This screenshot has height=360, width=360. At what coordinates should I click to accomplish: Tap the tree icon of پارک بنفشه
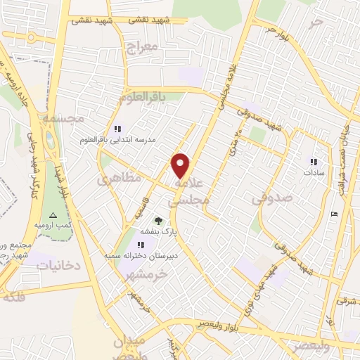(x=157, y=219)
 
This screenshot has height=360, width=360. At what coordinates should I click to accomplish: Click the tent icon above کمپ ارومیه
(x=51, y=214)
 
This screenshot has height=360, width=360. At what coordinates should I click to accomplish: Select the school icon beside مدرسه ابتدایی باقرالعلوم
(x=117, y=129)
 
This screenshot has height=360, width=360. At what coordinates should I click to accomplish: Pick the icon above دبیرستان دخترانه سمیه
(x=141, y=244)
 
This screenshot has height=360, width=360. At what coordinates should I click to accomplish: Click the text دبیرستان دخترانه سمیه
(x=145, y=255)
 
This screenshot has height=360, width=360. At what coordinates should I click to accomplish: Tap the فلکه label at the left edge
(x=15, y=297)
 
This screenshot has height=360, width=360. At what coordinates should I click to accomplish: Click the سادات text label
(x=312, y=172)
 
